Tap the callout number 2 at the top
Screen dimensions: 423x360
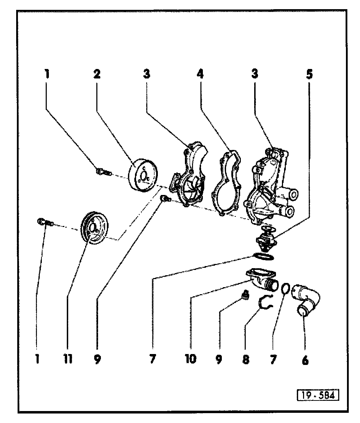97,74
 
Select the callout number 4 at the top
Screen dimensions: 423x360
200,74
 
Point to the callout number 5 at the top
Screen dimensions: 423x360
309,74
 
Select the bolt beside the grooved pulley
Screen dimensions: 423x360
45,222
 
